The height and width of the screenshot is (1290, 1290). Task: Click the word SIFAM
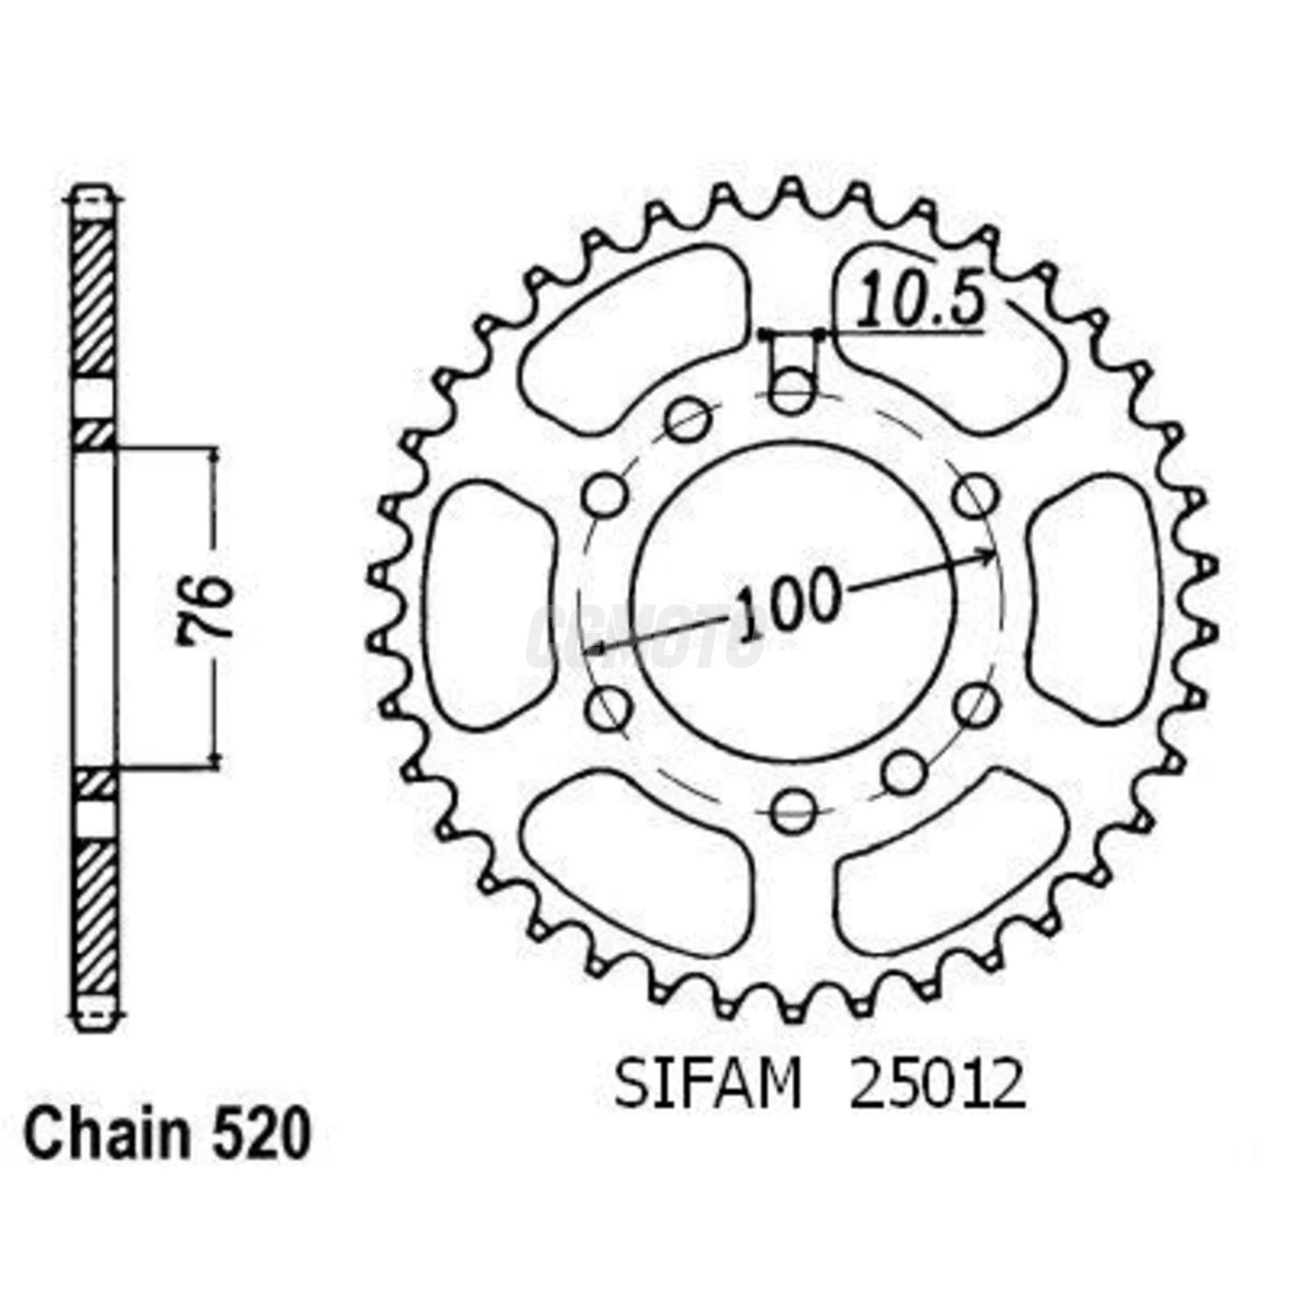point(708,1085)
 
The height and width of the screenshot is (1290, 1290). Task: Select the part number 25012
point(936,1085)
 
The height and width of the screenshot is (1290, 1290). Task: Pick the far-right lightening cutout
point(1095,599)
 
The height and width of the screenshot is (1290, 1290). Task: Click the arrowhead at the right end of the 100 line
point(988,556)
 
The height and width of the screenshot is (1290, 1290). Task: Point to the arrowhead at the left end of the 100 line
point(596,650)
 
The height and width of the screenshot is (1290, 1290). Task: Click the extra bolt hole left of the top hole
point(688,420)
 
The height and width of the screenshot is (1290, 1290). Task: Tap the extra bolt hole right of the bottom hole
point(903,772)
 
